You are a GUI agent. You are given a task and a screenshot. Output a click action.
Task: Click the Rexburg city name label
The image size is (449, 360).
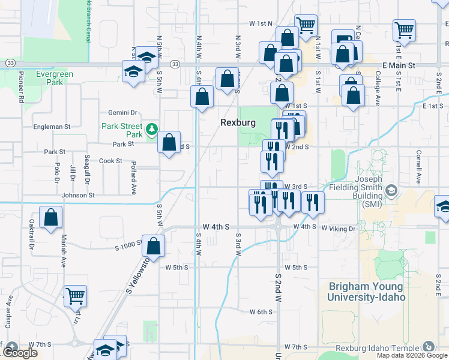coord(238,122)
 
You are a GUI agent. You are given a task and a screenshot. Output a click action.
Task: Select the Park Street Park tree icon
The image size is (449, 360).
coord(152,128)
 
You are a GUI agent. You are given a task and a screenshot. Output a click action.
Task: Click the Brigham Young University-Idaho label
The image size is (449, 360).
coord(366,292)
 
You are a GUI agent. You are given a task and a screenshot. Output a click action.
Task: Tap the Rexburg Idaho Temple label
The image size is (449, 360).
coord(384,347)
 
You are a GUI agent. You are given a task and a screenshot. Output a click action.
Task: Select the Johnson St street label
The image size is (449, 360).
coord(78,195)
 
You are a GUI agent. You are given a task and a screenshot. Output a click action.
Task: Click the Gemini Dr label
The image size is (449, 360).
coord(122,112)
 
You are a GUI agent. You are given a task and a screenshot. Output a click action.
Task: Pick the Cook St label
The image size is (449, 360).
coord(110,161)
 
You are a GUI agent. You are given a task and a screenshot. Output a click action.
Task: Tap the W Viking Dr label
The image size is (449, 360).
coord(339,229)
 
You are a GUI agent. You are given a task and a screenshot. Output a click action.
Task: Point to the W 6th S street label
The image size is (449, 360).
coord(261,312)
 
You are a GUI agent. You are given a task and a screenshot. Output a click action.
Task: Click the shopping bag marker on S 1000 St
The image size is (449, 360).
coord(154,245)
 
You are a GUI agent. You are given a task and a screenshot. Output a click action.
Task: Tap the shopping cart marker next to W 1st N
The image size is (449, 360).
coord(306,25)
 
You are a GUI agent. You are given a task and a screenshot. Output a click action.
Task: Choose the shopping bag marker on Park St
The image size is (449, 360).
coord(169,142)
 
